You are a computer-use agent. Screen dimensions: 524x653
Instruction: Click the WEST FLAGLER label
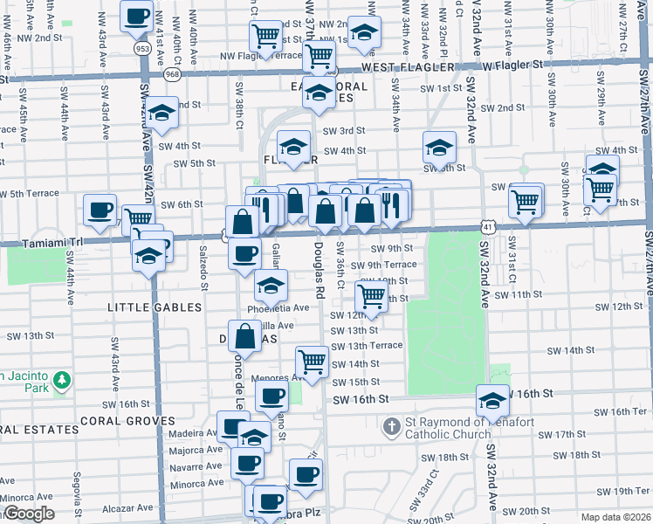[x=408, y=67]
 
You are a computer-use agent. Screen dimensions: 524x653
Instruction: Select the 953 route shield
[x=142, y=49]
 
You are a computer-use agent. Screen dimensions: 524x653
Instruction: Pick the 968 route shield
[x=172, y=74]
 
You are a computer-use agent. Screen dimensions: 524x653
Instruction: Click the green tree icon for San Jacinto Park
[x=61, y=380]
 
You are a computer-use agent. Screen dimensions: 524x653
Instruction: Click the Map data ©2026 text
[x=615, y=517]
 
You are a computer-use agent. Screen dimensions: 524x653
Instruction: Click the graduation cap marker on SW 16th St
[x=492, y=400]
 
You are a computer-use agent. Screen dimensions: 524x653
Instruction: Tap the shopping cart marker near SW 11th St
[x=373, y=296]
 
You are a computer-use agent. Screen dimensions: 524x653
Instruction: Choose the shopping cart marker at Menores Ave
[x=312, y=360]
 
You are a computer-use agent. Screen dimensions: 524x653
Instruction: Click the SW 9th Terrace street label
[x=384, y=265]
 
